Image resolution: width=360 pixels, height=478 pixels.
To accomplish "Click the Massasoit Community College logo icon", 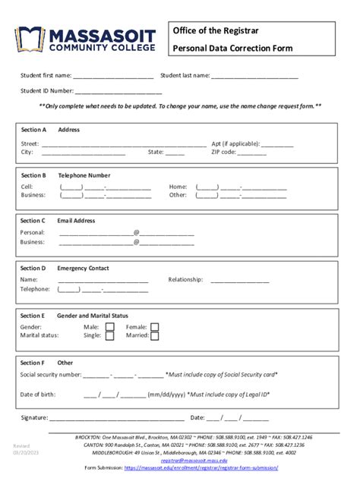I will [x=28, y=39].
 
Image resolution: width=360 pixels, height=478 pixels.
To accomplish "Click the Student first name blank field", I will [x=113, y=77].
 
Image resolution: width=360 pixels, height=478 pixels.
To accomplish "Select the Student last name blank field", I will [x=254, y=77].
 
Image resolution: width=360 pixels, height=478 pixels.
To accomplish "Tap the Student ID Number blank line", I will [x=118, y=91].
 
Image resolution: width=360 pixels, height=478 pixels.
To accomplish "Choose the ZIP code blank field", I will [x=251, y=153].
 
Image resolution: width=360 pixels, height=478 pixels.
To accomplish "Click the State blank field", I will [x=175, y=153].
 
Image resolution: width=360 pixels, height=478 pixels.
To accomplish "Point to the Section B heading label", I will [x=33, y=175].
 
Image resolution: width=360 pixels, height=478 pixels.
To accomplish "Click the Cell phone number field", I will [x=105, y=187].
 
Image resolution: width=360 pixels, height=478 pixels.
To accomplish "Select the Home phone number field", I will [x=241, y=187].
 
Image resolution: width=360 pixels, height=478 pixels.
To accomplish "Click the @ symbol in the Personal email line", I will [x=136, y=233].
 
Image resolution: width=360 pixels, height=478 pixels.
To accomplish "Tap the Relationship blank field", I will [x=240, y=280].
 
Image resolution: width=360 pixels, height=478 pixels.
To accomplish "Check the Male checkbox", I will [x=110, y=328].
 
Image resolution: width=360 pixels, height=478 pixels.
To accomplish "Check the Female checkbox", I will [x=155, y=328].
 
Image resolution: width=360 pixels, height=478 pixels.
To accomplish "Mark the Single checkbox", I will [x=110, y=336].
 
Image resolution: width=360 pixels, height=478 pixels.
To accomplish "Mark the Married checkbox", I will [x=155, y=336].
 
